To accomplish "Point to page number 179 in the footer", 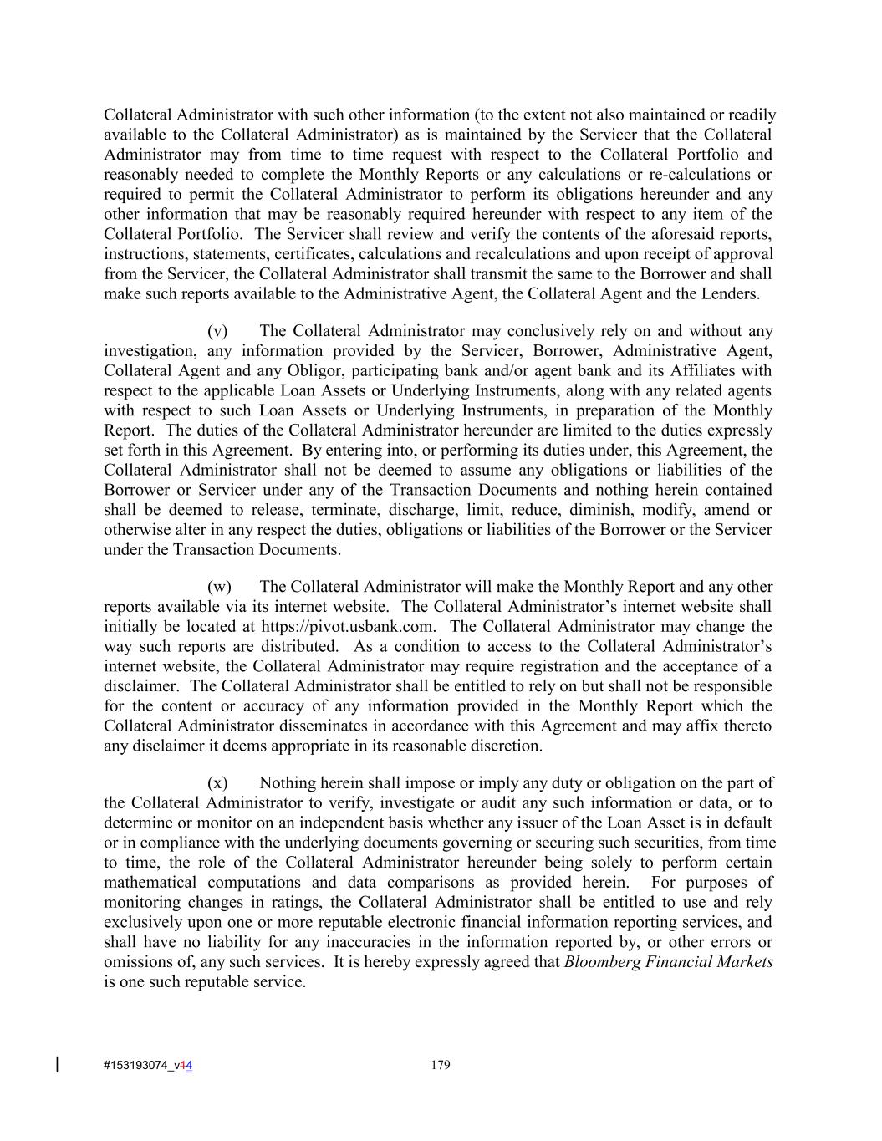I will click(441, 1065).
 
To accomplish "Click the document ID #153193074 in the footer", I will click(137, 1066).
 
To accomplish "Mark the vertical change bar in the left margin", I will click(57, 1064).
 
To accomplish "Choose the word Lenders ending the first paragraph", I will click(732, 294).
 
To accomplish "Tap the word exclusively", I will click(140, 923).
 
